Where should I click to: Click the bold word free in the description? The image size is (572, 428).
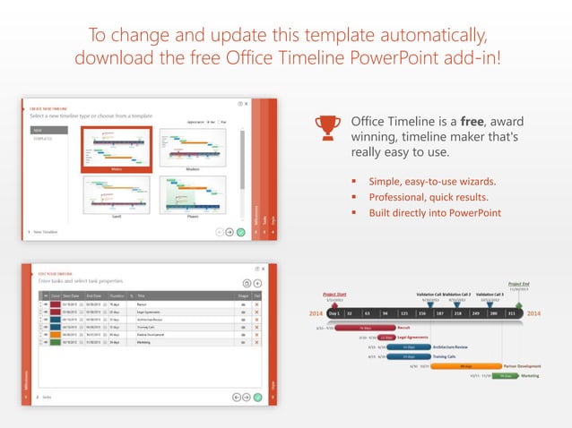[x=473, y=121]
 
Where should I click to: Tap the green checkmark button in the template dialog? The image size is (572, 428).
[x=240, y=232]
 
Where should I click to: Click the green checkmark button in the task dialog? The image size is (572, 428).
[x=258, y=396]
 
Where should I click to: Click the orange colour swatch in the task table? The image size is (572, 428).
[x=56, y=334]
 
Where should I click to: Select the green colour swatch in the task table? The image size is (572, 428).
[x=56, y=341]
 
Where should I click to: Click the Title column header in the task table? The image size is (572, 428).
[x=143, y=295]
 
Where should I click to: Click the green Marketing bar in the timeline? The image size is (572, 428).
[x=505, y=376]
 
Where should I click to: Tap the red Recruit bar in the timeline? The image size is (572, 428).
[x=366, y=328]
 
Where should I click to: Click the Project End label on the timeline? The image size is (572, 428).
[x=518, y=284]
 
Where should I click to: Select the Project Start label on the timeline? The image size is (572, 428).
[x=335, y=294]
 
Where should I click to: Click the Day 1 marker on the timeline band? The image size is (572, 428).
[x=334, y=314]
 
